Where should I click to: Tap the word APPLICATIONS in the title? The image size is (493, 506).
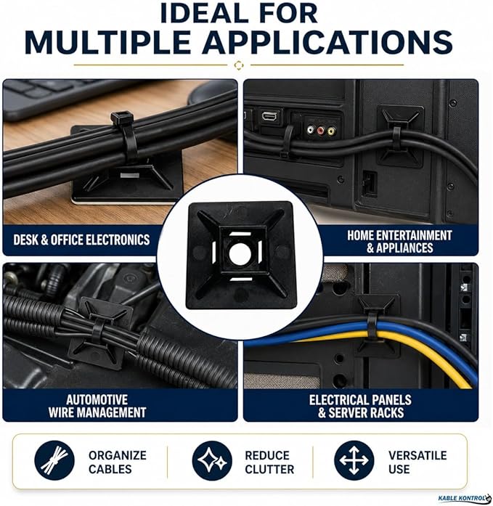point(327,43)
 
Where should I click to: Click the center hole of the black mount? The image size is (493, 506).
point(240,253)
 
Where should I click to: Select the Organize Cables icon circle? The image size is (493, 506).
point(54,460)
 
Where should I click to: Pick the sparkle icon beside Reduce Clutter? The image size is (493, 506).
point(212,460)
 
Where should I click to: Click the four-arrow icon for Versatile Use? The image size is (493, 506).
point(354,460)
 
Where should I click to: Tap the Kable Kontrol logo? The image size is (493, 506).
point(464,499)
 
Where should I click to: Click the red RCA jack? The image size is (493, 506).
point(320,131)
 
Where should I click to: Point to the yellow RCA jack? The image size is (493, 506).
point(331,131)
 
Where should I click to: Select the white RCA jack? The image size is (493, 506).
point(310,130)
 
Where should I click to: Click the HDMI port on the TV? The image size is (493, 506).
point(271,115)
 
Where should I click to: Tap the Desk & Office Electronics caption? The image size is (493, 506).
point(81,240)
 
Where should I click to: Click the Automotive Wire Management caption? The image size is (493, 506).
point(97,406)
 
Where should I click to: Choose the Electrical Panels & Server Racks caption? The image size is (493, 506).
point(360,406)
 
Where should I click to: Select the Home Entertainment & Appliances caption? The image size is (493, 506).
point(400,241)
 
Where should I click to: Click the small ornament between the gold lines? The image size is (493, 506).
point(239,65)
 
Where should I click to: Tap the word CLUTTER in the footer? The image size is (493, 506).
point(269,469)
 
